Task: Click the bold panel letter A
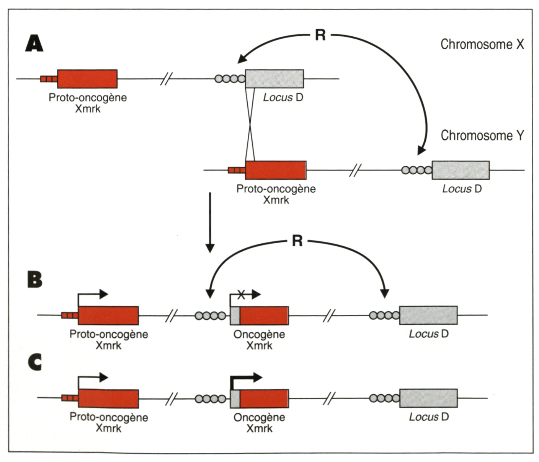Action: click(34, 43)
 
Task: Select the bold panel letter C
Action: click(35, 363)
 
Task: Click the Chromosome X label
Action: click(482, 44)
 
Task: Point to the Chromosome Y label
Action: click(482, 135)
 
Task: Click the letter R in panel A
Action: click(320, 35)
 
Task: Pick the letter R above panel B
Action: click(297, 241)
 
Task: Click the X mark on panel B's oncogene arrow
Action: click(241, 294)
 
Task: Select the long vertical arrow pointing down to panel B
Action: click(209, 222)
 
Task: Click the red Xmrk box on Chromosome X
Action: click(87, 79)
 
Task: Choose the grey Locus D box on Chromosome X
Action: click(274, 79)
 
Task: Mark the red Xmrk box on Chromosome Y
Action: click(276, 170)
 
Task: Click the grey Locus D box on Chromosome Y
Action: click(461, 170)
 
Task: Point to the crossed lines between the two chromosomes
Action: click(250, 124)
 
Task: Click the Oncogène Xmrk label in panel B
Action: click(259, 340)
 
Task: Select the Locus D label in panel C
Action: click(428, 416)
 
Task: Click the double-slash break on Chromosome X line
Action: click(166, 79)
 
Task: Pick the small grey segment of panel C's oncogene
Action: click(235, 399)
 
